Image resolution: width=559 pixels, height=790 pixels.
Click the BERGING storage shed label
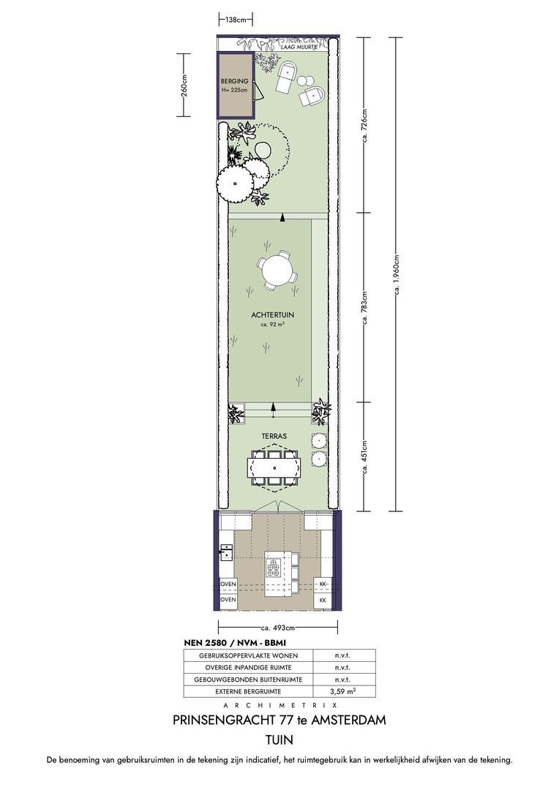234,80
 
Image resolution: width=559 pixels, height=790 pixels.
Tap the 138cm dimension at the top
236,20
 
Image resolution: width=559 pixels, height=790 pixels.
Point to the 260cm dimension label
184,85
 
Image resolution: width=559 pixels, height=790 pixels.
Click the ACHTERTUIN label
272,315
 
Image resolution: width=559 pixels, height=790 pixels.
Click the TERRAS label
274,436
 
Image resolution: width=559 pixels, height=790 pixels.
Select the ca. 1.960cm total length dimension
396,274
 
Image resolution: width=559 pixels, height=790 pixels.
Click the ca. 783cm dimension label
365,307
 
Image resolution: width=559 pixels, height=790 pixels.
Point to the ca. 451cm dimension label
365,456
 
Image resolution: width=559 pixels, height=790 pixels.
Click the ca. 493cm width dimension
278,628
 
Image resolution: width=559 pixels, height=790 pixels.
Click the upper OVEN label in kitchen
229,584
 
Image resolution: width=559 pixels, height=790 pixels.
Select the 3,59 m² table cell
345,691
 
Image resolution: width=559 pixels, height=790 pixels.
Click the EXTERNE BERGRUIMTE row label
248,692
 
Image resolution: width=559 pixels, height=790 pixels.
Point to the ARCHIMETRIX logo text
279,705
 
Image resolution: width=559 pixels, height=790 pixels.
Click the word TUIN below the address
279,740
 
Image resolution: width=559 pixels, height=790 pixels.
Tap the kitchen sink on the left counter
226,552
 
